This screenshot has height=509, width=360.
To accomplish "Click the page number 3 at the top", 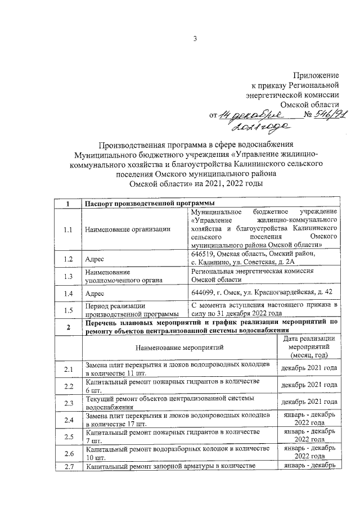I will (x=195, y=39).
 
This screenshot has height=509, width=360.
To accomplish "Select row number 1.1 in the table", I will (x=68, y=229).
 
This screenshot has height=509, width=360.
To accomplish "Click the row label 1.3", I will (x=68, y=276).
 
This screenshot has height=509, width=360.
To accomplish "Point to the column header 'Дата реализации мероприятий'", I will (x=309, y=347).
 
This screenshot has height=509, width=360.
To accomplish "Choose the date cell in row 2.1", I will (x=309, y=368).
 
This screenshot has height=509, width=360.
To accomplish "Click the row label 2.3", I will (x=68, y=403).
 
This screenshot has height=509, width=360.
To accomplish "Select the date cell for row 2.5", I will (x=309, y=436).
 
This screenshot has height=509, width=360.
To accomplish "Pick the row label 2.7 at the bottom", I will (x=68, y=466).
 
